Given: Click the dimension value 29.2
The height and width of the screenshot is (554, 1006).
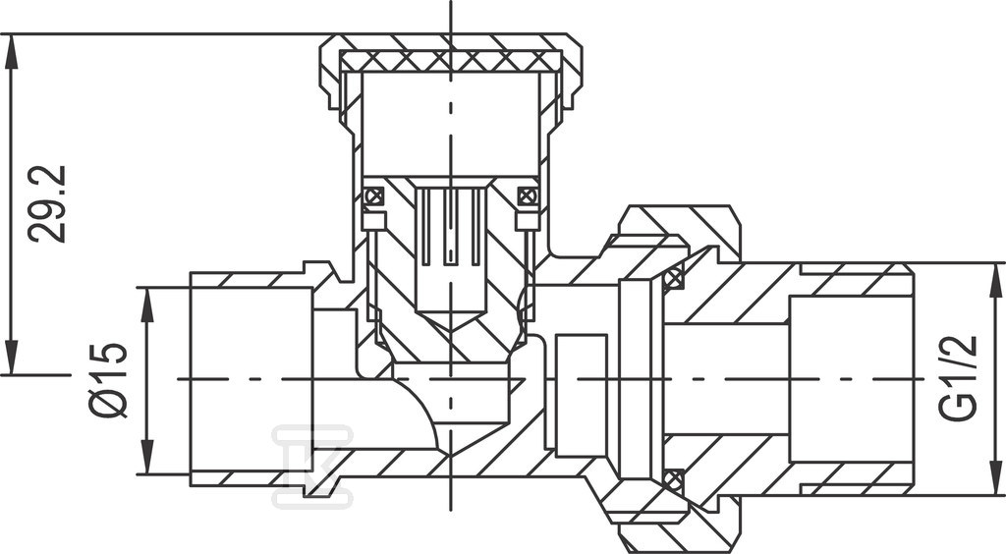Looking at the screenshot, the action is (47, 204).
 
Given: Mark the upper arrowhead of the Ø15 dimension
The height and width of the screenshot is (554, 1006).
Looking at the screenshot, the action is (148, 305).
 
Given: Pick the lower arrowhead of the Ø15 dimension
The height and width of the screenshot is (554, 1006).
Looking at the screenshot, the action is (148, 457).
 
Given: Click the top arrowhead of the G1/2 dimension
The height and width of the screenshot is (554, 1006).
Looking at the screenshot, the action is (996, 280).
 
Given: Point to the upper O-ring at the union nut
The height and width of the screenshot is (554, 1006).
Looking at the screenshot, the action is (672, 279).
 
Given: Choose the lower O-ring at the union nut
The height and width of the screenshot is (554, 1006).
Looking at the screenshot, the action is (672, 479).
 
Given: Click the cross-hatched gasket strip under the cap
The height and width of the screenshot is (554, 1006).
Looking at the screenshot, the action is (450, 62).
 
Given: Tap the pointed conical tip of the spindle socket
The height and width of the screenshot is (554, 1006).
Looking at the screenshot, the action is (450, 326).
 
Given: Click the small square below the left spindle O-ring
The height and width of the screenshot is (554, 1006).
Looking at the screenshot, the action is (374, 221).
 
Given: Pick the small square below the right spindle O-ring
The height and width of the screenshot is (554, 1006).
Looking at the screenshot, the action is (528, 221).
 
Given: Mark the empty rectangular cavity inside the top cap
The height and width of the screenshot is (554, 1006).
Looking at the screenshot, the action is (450, 124).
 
